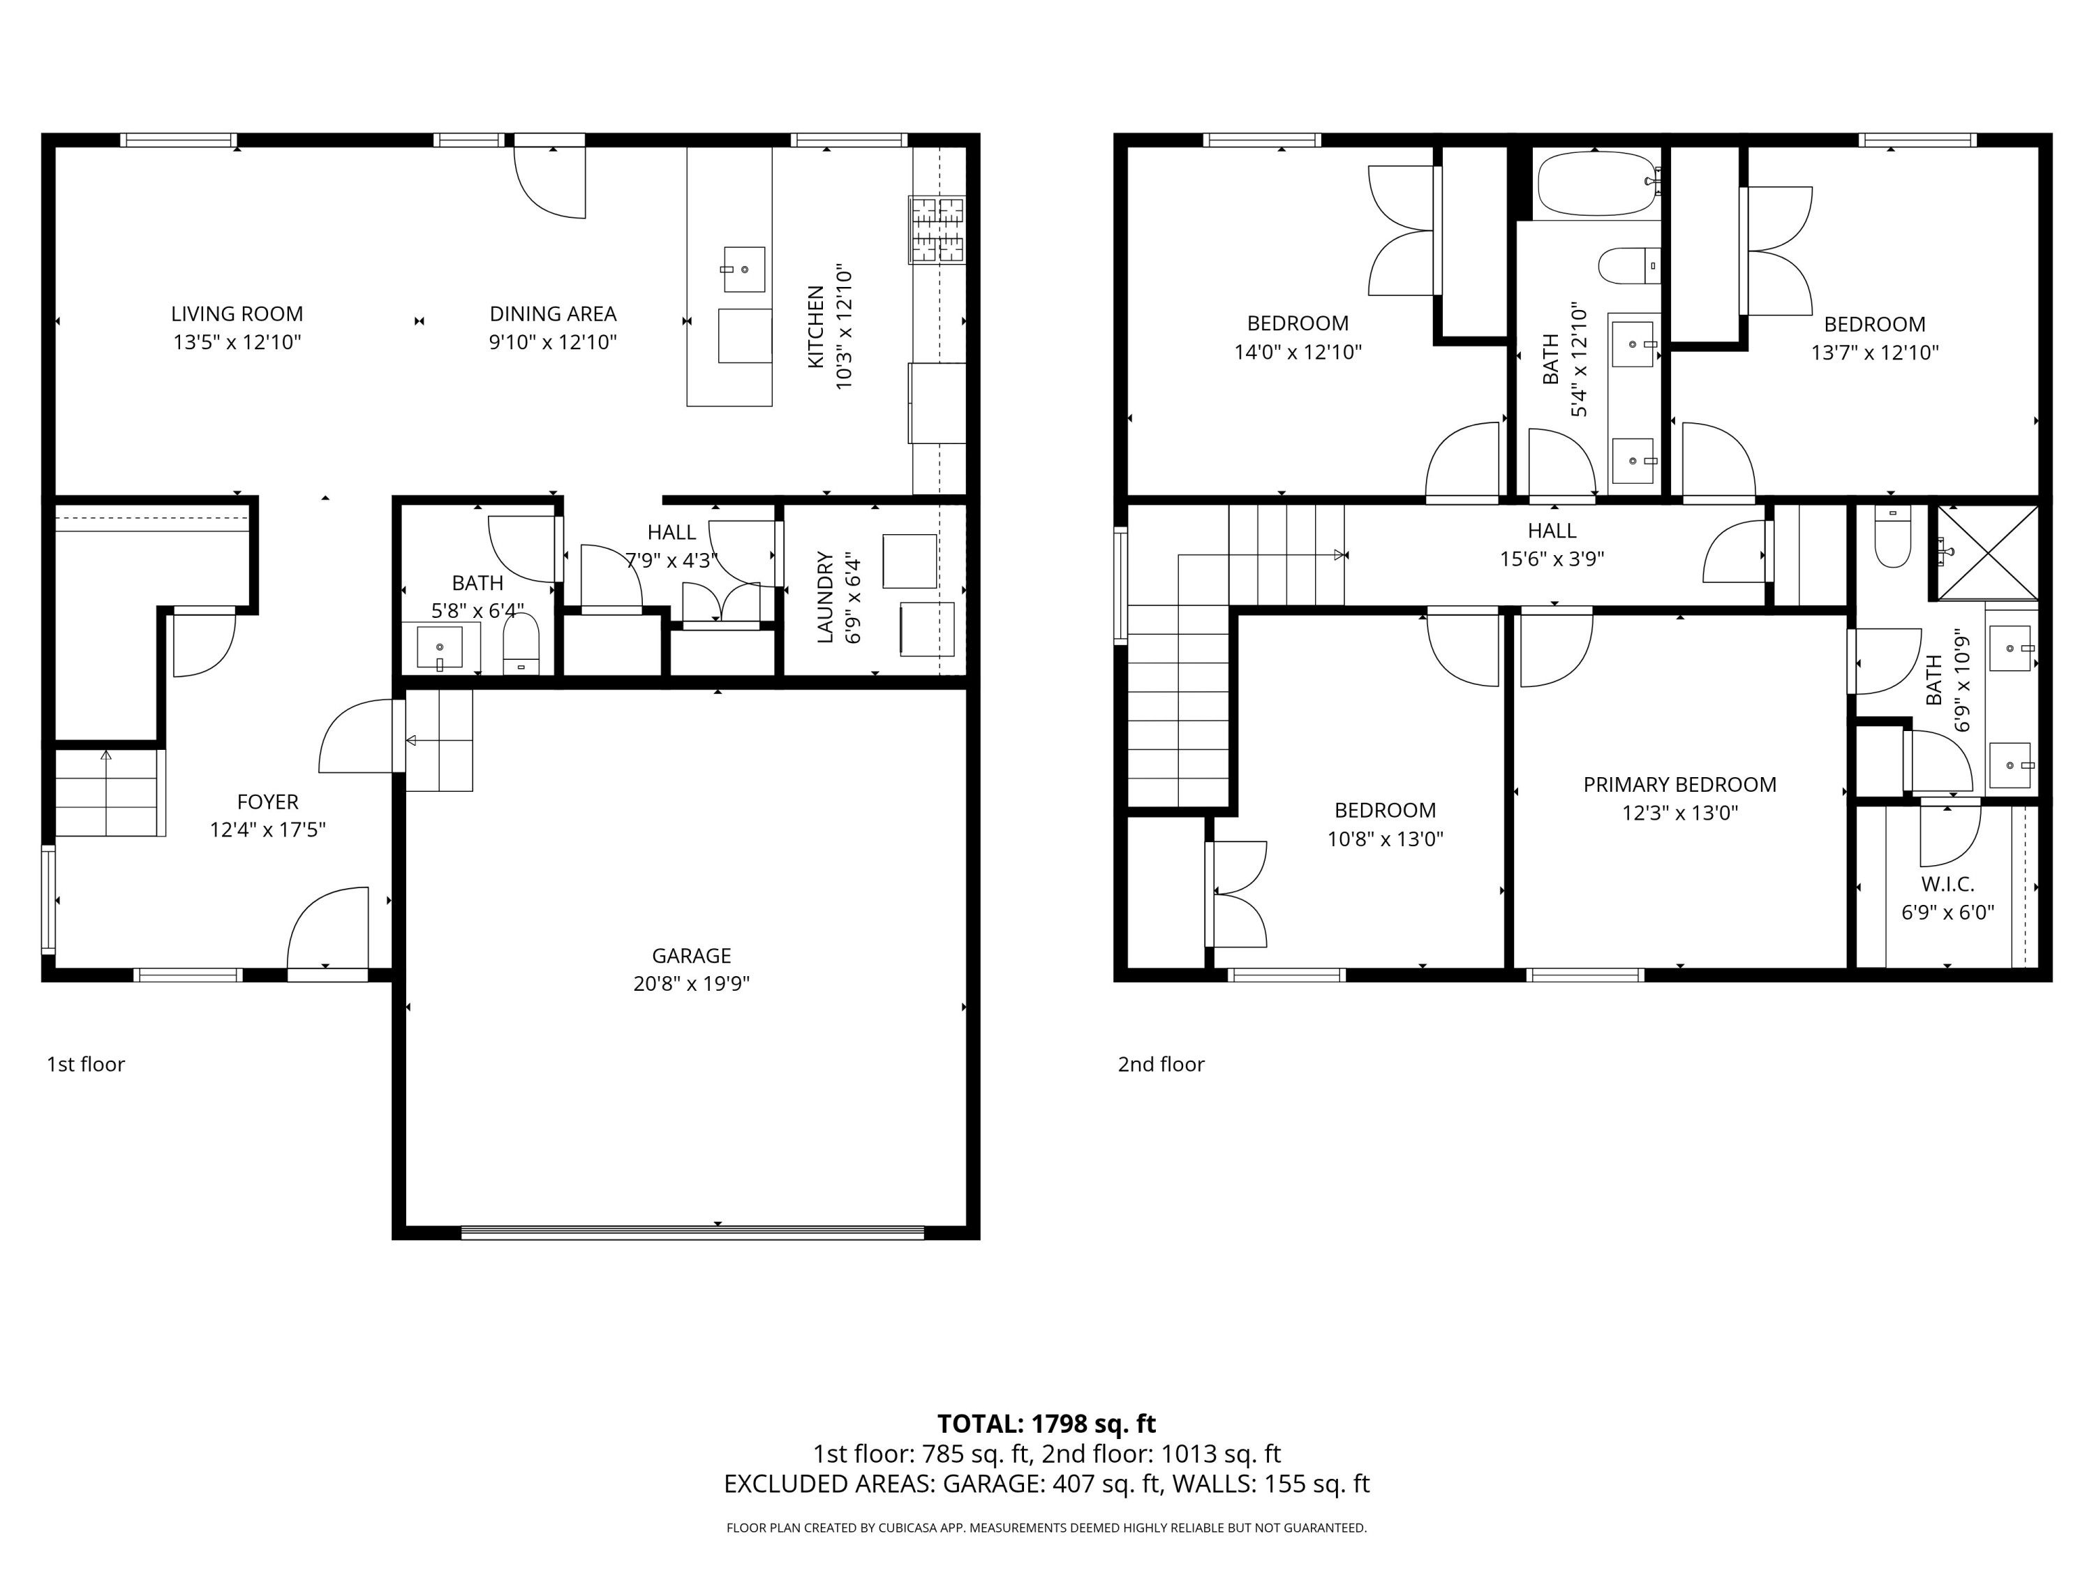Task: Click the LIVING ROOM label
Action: point(237,314)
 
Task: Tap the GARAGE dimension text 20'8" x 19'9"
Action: point(691,983)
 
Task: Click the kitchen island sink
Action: point(744,269)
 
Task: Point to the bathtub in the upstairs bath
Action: point(1597,184)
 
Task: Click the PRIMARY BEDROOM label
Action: point(1679,784)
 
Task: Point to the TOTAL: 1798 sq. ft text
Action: point(1046,1423)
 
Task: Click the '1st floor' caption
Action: point(85,1063)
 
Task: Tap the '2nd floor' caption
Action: point(1161,1063)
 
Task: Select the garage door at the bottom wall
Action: point(692,1232)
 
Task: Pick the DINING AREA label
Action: point(553,314)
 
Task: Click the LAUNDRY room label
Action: point(824,598)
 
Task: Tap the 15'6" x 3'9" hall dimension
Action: point(1552,559)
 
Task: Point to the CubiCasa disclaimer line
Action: point(1046,1528)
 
